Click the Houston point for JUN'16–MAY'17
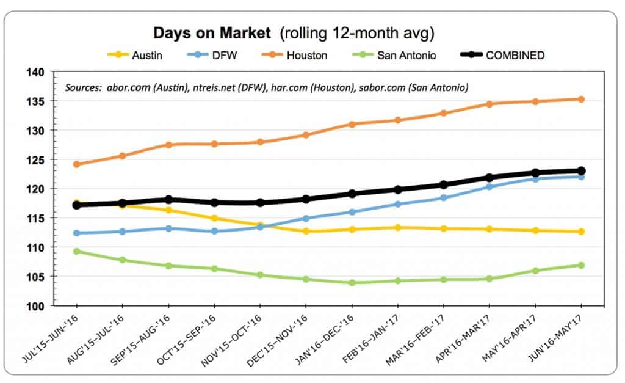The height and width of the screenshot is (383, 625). (x=581, y=99)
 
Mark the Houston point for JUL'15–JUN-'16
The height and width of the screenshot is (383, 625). (x=76, y=164)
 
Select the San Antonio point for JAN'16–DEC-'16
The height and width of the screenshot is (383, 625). (x=352, y=283)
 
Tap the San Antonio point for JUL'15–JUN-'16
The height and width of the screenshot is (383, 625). (x=76, y=251)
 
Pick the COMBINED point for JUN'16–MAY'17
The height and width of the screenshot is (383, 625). (x=581, y=171)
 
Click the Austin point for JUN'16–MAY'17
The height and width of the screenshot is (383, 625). (x=581, y=232)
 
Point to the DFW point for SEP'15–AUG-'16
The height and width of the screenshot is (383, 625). (x=168, y=228)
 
